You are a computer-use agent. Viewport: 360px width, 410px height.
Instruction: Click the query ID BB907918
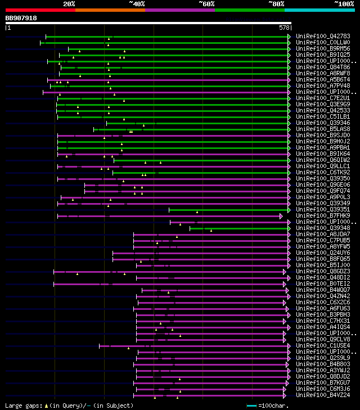(x=21, y=18)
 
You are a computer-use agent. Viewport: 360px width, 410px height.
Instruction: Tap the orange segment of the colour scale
(x=110, y=10)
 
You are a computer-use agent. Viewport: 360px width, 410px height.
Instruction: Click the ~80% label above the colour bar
(x=276, y=3)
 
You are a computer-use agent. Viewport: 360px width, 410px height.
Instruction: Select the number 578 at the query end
(x=284, y=27)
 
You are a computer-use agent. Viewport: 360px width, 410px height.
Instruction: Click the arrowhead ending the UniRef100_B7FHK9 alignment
(x=281, y=215)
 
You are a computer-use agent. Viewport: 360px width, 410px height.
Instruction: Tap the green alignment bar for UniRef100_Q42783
(x=169, y=36)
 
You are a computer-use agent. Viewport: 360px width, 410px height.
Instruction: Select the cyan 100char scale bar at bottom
(x=251, y=405)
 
